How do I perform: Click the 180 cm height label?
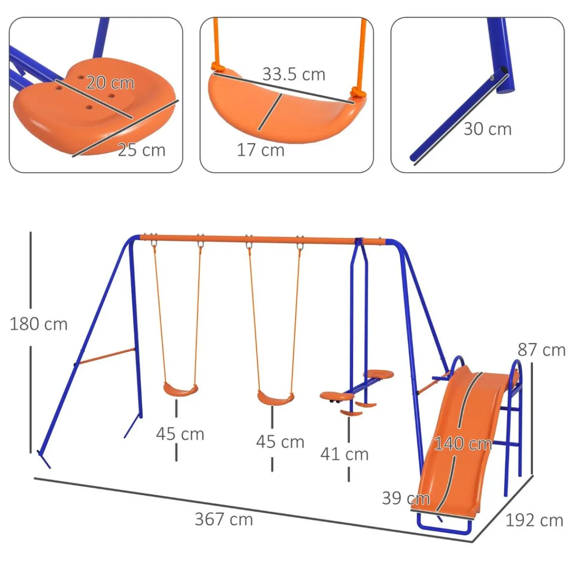pos(39,324)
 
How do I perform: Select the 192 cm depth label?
pos(534,521)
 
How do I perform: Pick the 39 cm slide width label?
pos(406,498)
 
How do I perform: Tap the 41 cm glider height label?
pos(345,454)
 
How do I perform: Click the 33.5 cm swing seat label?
pos(294,74)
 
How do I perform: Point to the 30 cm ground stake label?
pos(488,129)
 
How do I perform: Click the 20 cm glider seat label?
pos(110,83)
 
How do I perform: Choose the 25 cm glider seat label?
pos(141,150)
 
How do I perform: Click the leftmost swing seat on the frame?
pos(180,390)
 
